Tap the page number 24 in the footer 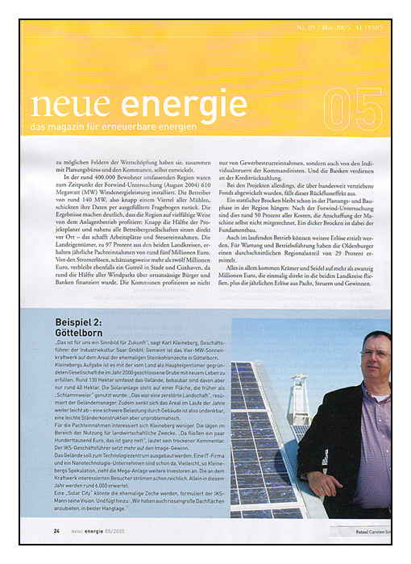[x=56, y=532]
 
